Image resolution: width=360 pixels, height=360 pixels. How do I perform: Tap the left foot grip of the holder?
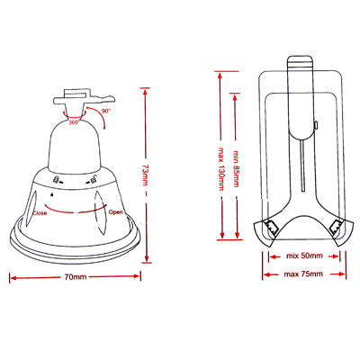coord(271,231)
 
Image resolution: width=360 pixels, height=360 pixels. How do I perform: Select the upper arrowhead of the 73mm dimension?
coord(144,89)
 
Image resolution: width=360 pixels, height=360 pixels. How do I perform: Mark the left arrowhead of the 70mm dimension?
coord(13,278)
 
